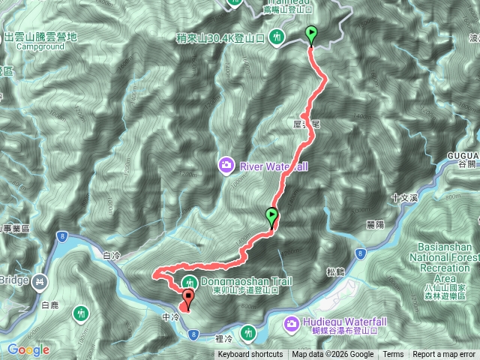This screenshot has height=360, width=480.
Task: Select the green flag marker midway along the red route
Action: point(271,217)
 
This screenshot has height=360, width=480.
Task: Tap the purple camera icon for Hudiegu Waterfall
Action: point(290,324)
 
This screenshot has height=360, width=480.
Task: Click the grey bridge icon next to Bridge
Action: point(40,281)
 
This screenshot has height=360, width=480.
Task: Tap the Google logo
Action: point(28,349)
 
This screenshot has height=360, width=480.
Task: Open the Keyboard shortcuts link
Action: point(250,355)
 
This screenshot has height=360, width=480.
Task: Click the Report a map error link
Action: point(443,355)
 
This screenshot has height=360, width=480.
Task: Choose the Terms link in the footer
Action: point(393,355)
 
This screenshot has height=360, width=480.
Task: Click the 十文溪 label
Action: point(404,197)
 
